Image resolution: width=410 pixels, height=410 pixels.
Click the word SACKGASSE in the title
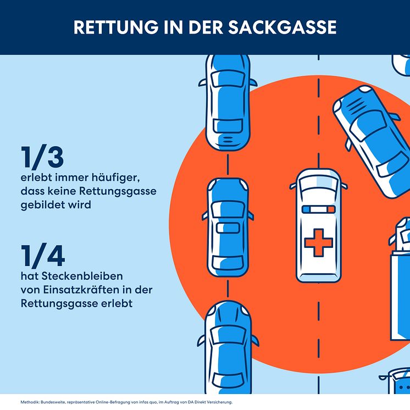pyautogui.click(x=282, y=27)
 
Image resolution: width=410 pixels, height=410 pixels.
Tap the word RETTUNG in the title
pyautogui.click(x=116, y=27)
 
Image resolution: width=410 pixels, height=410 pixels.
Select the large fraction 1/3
pyautogui.click(x=42, y=157)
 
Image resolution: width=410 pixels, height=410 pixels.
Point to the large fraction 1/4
pyautogui.click(x=43, y=256)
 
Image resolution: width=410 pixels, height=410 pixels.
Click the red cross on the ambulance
pyautogui.click(x=318, y=242)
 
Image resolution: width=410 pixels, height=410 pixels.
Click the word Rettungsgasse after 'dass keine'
pyautogui.click(x=118, y=191)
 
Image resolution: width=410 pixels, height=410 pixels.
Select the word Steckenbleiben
pyautogui.click(x=82, y=276)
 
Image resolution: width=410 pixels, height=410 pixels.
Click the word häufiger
pyautogui.click(x=116, y=178)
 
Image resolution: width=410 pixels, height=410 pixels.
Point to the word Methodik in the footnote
pyautogui.click(x=30, y=402)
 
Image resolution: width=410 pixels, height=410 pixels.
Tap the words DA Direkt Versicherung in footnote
pyautogui.click(x=212, y=402)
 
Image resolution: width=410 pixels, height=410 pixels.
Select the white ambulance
pyautogui.click(x=318, y=225)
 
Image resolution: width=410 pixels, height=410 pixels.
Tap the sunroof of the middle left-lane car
pyautogui.click(x=228, y=228)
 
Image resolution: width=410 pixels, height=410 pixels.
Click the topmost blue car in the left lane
pyautogui.click(x=228, y=102)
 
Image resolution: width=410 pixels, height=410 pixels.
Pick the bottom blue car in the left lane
pyautogui.click(x=228, y=347)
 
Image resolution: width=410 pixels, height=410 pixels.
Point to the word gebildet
pyautogui.click(x=43, y=205)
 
